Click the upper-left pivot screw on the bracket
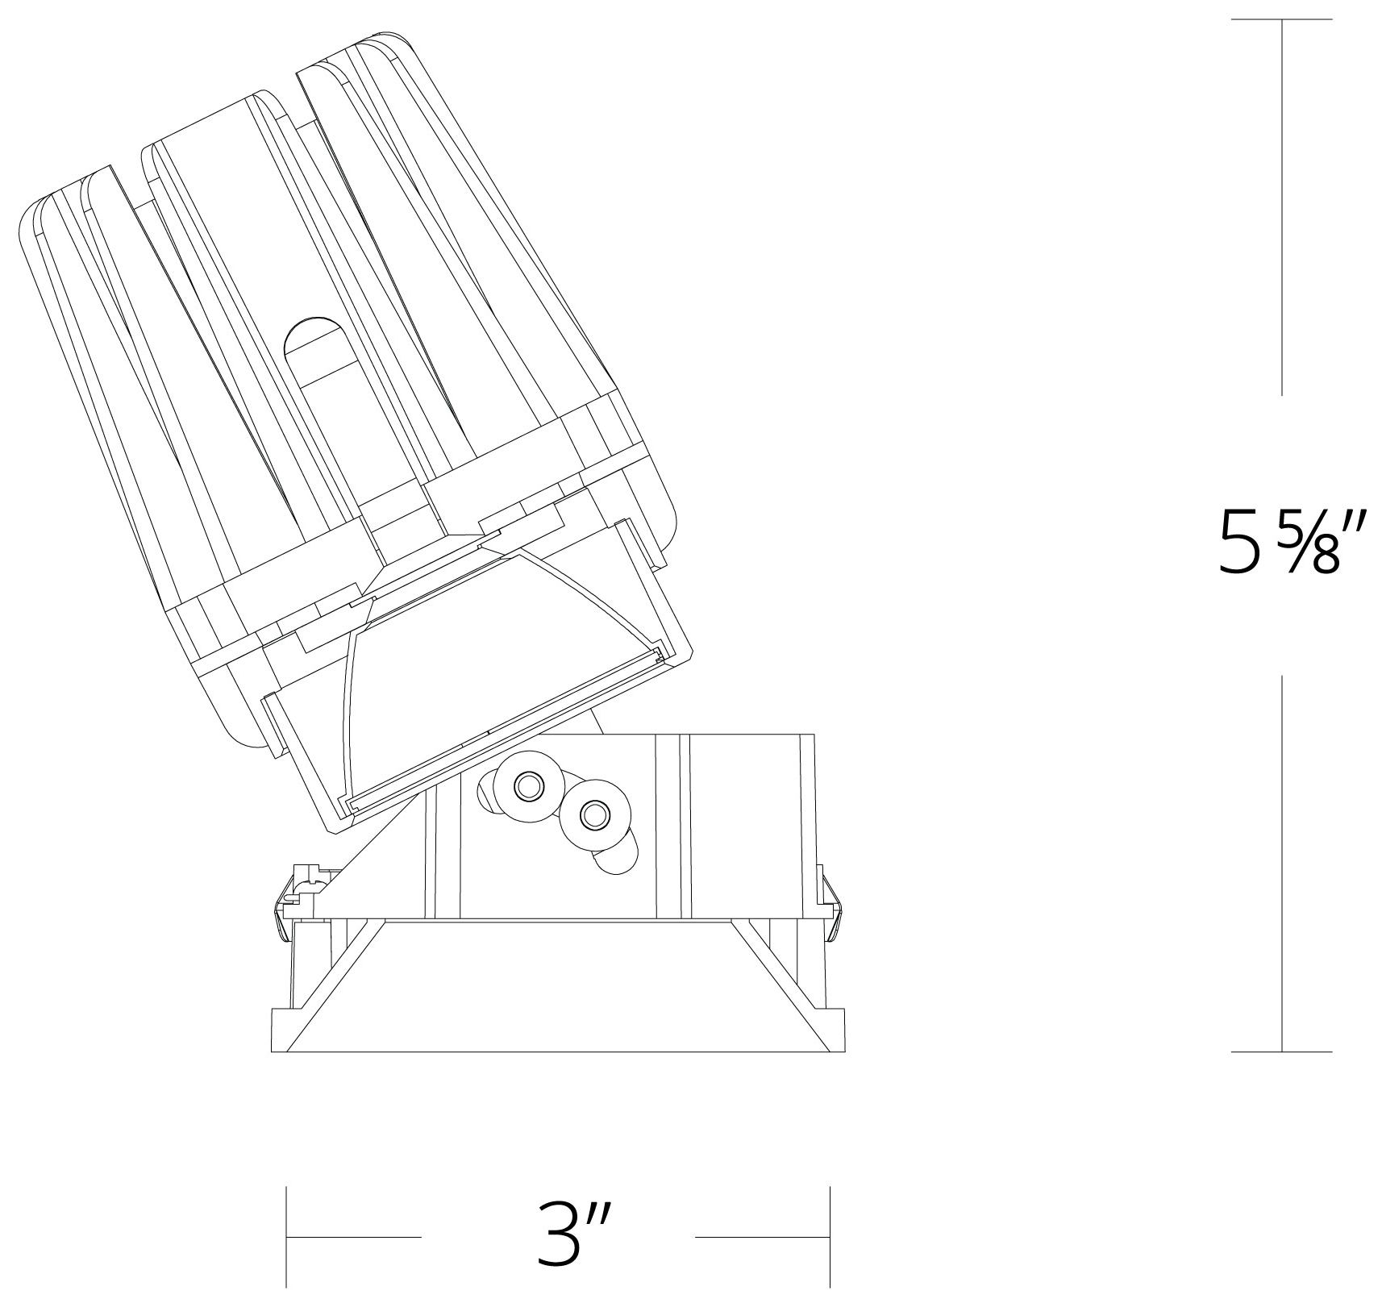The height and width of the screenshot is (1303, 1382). coord(528,785)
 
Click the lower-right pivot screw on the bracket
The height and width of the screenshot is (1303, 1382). coord(595,815)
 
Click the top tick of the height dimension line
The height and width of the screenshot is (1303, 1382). coord(1281,19)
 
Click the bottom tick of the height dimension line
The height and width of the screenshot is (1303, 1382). coord(1281,1051)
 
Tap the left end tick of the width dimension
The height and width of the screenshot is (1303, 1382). coord(288,1236)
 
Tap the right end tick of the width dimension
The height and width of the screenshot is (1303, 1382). coord(830,1236)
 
